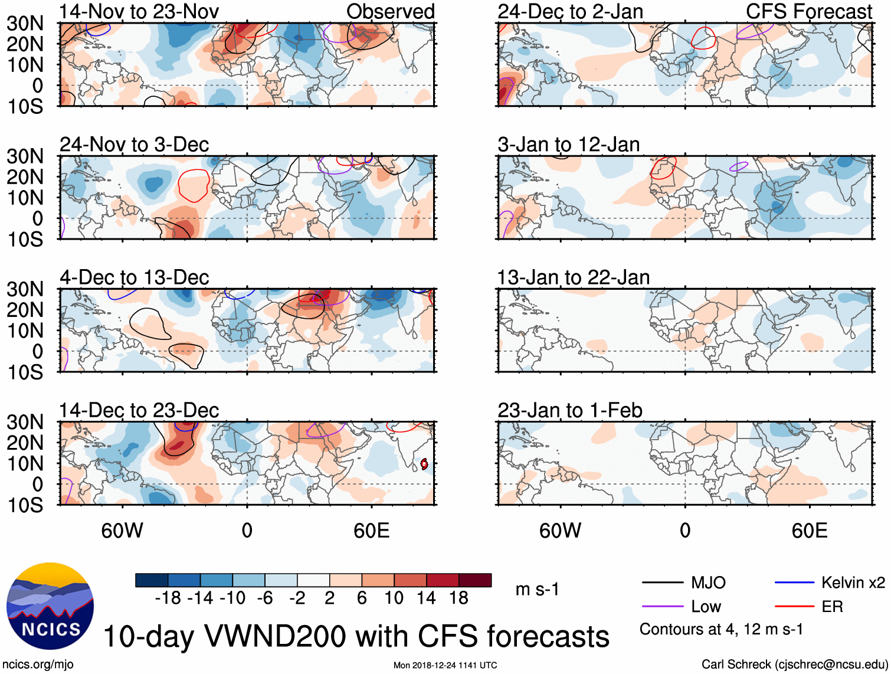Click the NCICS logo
pos(50,606)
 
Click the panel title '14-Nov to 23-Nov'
pos(139,11)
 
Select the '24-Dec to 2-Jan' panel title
pos(570,11)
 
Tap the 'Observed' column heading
pos(390,11)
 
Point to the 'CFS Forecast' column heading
pos(808,11)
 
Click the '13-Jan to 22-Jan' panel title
pos(573,277)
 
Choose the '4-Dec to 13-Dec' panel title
pos(135,277)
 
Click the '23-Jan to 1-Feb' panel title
pos(569,410)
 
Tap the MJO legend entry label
pos(708,583)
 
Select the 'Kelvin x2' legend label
pos(853,583)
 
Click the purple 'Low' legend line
pos(662,606)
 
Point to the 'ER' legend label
pos(832,606)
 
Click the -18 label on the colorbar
pos(168,598)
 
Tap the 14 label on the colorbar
pos(426,598)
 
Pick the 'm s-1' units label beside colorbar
pos(537,589)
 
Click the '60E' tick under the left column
pos(371,531)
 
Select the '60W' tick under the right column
pos(560,531)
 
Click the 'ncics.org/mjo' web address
pos(38,665)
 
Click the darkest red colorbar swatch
pos(475,580)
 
